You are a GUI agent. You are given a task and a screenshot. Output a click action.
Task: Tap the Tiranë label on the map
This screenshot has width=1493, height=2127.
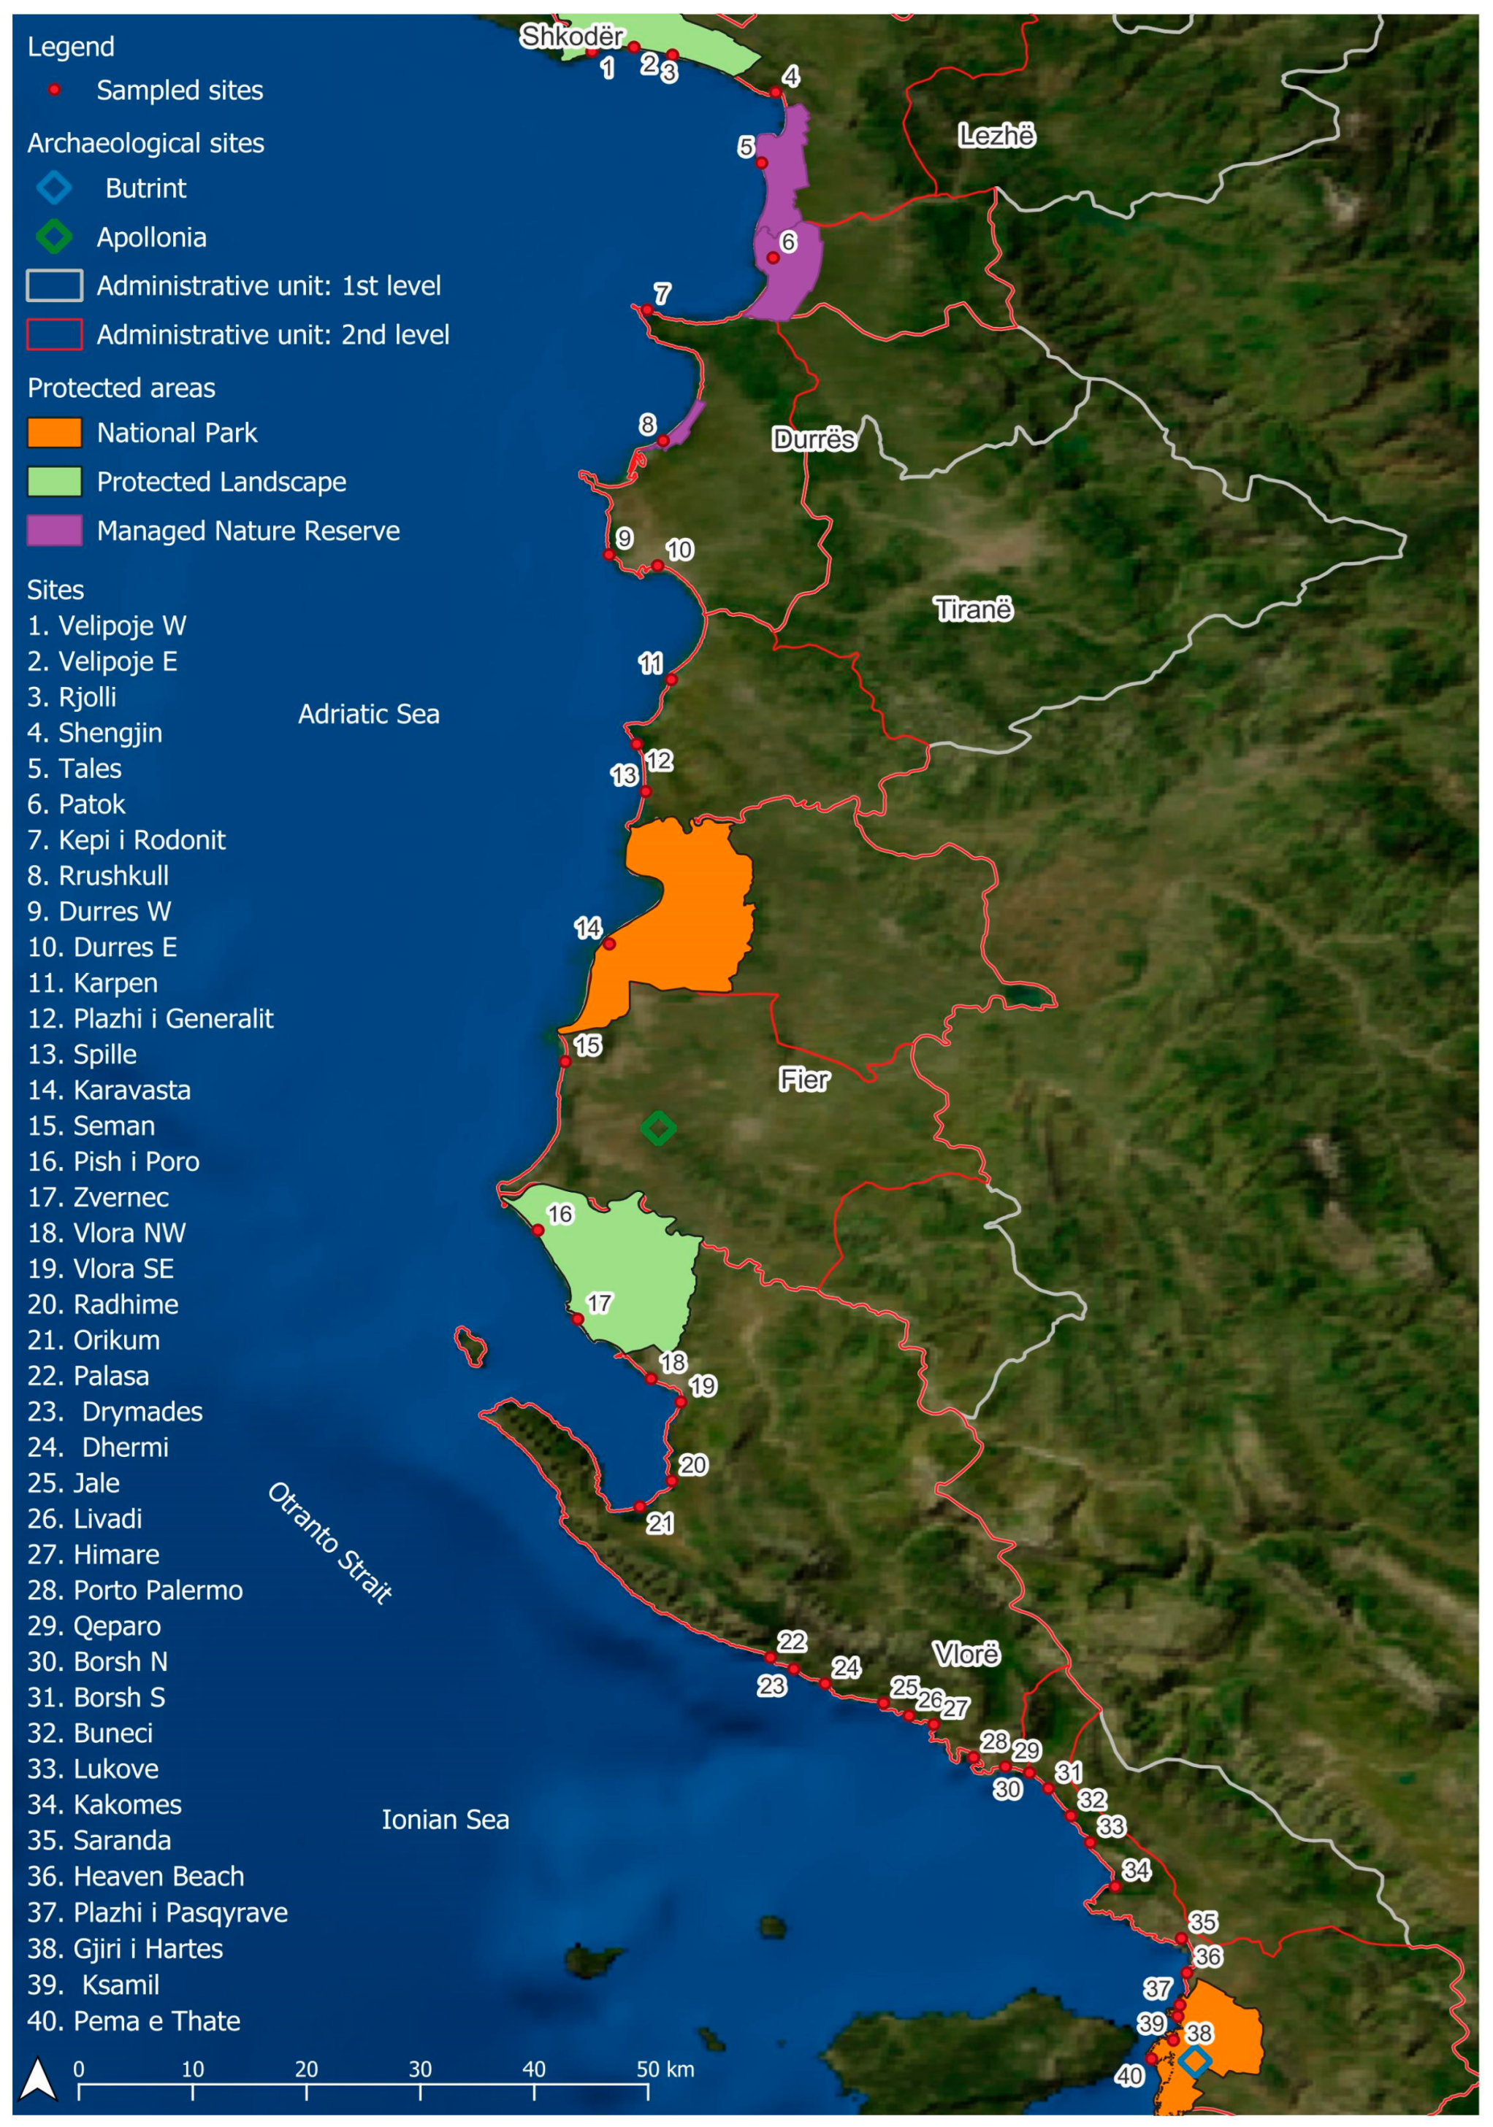point(972,609)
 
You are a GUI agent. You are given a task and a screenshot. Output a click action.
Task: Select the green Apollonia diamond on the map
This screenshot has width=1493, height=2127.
point(658,1128)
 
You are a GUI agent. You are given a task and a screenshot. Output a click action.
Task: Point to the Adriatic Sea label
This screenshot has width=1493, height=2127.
point(368,715)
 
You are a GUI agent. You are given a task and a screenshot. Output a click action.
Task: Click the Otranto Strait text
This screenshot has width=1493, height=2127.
point(330,1542)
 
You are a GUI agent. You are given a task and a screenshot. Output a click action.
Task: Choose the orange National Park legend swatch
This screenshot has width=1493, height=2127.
point(54,433)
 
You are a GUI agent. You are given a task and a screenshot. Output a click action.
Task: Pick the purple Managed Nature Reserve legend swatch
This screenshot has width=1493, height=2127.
point(54,531)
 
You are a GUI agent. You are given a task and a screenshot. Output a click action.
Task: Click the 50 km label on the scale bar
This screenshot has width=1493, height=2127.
point(665,2069)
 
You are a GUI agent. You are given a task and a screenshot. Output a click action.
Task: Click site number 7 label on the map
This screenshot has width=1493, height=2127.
point(662,293)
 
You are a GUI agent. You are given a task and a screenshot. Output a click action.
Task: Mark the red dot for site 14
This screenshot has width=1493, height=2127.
point(609,944)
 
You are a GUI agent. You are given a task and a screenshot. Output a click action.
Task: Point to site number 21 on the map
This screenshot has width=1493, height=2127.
point(660,1523)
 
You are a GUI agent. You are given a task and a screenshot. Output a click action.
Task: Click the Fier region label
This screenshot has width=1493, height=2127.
point(803,1080)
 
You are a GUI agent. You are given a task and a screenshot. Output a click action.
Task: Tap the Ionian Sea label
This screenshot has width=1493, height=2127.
point(445,1820)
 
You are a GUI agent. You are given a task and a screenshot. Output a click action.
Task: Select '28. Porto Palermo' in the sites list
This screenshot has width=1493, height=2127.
point(134,1591)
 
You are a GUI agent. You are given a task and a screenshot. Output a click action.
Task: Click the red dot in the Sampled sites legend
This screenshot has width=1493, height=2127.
point(55,90)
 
